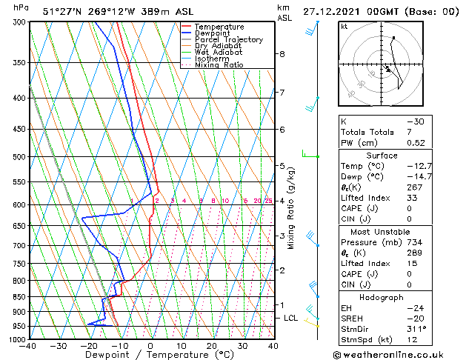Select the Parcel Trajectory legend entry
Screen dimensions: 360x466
point(228,40)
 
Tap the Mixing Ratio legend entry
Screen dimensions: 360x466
point(219,65)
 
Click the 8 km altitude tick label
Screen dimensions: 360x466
point(282,54)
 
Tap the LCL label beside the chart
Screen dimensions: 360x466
point(291,318)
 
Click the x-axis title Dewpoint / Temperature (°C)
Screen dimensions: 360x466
point(150,356)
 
